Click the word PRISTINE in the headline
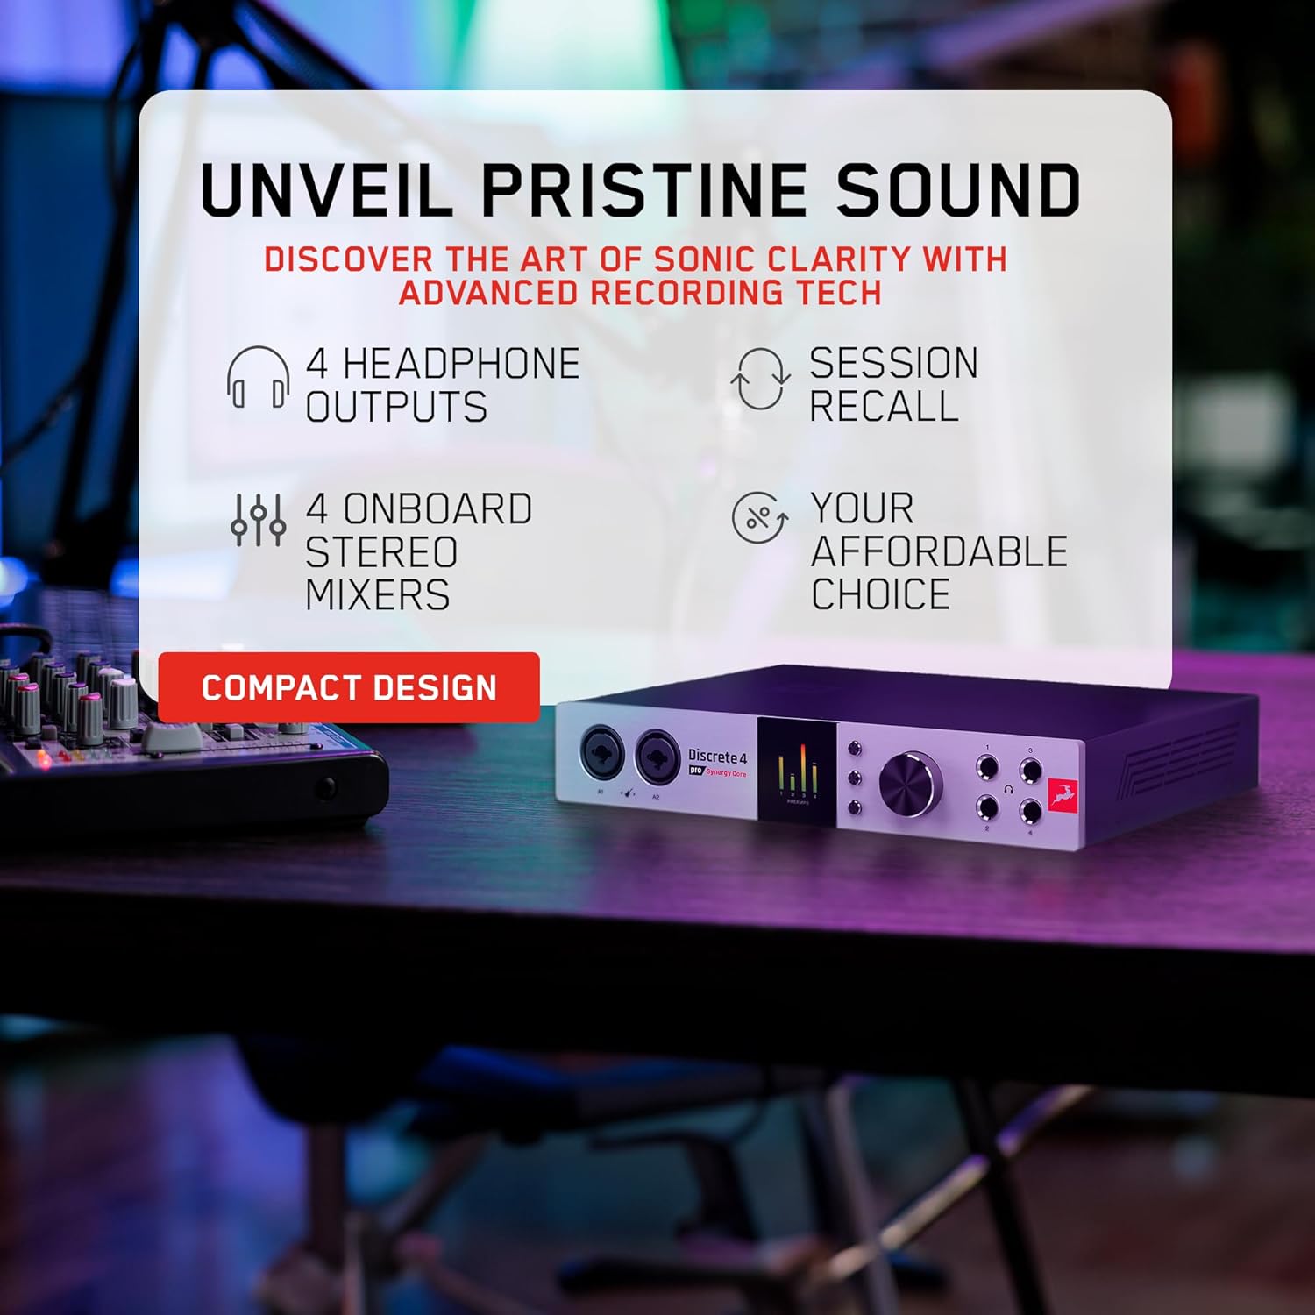coord(644,189)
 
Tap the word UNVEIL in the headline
coord(326,189)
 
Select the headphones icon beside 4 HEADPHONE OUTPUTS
coord(258,378)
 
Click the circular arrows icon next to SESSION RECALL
coord(760,379)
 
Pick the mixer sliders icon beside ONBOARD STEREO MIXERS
coord(258,520)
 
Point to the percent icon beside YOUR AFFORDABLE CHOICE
coord(759,517)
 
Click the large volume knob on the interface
coord(910,783)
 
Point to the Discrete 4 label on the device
coord(717,756)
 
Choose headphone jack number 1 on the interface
coord(987,769)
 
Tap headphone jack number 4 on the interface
coord(1031,812)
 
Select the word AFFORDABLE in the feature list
coord(939,551)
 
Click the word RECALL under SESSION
coord(884,406)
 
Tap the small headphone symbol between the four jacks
coord(1009,790)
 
